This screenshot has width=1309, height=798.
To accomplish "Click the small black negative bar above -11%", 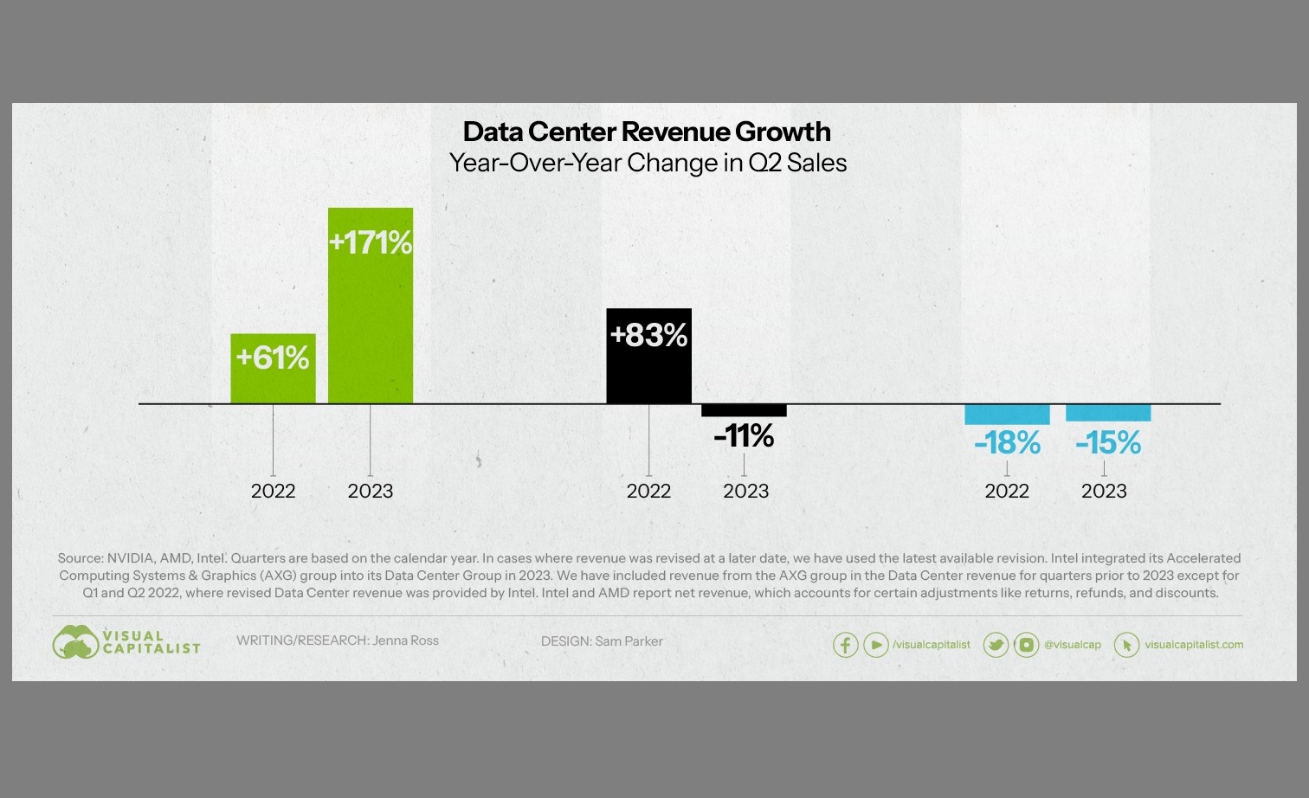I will click(744, 410).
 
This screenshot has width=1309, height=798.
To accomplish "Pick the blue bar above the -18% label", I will click(1007, 414).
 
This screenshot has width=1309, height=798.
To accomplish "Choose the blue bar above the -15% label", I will click(1107, 413).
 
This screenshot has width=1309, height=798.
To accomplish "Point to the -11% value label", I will click(744, 436).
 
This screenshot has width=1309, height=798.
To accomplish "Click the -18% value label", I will click(1007, 443).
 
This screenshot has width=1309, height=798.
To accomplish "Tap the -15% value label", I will click(1107, 443).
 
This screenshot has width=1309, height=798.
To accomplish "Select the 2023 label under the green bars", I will click(371, 492).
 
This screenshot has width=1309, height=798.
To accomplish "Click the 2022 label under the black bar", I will click(648, 492).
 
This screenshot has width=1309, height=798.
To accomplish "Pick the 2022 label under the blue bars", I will click(1007, 492).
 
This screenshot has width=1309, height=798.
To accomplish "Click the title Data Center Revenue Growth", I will click(647, 132).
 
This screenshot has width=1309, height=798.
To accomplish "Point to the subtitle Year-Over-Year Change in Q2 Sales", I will click(648, 163).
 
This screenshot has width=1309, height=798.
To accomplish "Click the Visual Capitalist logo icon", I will click(75, 642).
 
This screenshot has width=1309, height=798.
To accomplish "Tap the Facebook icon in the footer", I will click(845, 645).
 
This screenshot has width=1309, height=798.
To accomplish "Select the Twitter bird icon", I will click(996, 645).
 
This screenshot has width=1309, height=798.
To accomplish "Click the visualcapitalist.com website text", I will click(1194, 645).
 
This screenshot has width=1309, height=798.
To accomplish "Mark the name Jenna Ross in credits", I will click(405, 640).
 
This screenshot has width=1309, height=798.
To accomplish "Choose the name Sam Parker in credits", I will click(629, 641).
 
